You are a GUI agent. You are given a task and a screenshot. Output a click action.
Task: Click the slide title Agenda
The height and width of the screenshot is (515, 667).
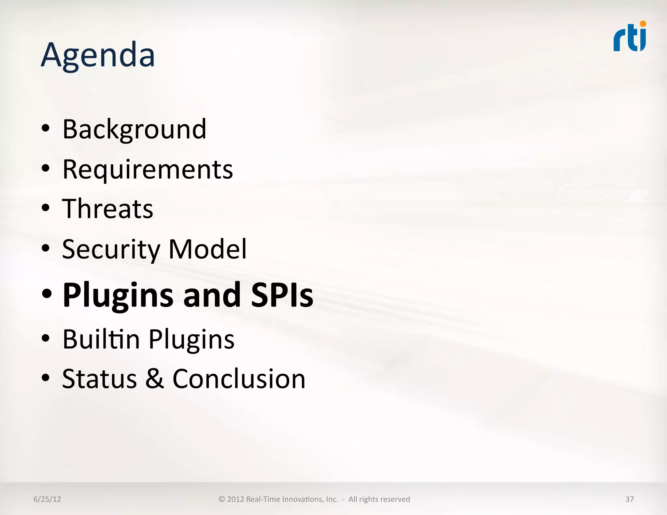[x=98, y=55]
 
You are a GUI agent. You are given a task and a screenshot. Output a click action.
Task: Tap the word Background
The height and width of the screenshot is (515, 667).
[x=134, y=129]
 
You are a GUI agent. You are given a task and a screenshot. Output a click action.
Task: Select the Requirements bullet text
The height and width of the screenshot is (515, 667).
[x=148, y=169]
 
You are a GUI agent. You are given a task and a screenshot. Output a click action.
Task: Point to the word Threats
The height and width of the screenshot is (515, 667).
[x=107, y=209]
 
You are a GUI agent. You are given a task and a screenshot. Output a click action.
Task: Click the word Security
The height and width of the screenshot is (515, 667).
[x=111, y=249]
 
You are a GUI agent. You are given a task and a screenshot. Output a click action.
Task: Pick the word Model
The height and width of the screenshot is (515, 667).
[x=207, y=249]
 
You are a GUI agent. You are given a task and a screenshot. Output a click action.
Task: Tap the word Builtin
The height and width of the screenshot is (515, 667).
[x=101, y=339]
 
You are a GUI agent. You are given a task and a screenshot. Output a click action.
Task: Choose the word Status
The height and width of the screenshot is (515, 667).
[x=99, y=379]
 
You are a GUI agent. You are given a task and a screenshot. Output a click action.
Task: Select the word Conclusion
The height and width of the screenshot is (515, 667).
[x=239, y=379]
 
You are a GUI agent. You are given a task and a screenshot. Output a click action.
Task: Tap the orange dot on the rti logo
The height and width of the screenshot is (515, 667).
[x=643, y=24]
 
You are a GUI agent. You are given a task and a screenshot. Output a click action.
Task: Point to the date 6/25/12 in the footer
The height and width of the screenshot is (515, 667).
[x=47, y=499]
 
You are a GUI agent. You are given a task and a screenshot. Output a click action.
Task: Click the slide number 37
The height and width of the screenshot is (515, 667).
[x=630, y=499]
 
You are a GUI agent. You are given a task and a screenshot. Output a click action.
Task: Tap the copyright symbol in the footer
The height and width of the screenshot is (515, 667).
[x=222, y=499]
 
